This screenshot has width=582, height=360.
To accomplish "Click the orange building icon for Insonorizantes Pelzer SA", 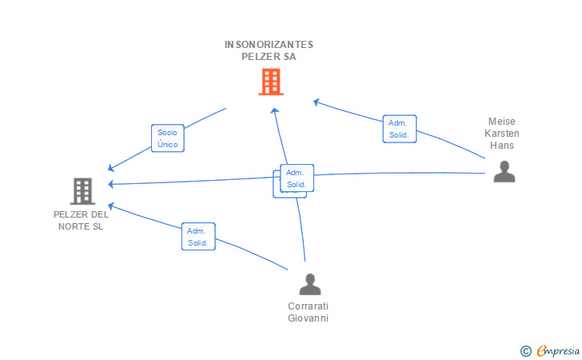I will pyautogui.click(x=270, y=82).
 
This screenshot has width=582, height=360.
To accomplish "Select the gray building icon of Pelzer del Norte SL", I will pyautogui.click(x=82, y=191).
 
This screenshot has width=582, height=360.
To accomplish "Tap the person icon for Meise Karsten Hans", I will pyautogui.click(x=504, y=171).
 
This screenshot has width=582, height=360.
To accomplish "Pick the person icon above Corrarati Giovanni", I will pyautogui.click(x=309, y=284).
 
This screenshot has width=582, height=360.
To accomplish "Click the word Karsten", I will pyautogui.click(x=502, y=134).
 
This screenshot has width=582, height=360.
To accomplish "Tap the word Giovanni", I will pyautogui.click(x=309, y=318).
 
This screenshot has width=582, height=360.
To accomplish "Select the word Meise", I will pyautogui.click(x=502, y=122).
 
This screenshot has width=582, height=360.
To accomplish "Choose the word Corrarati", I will pyautogui.click(x=309, y=306).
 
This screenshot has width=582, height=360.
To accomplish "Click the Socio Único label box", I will pyautogui.click(x=168, y=138).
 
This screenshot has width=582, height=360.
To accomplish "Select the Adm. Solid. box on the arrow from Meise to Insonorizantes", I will pyautogui.click(x=399, y=129).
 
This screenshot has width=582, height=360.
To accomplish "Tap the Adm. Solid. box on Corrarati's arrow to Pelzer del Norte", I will pyautogui.click(x=197, y=236).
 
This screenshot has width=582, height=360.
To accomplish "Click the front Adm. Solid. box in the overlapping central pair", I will pyautogui.click(x=297, y=178).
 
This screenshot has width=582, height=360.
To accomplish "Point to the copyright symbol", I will pyautogui.click(x=525, y=350).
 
